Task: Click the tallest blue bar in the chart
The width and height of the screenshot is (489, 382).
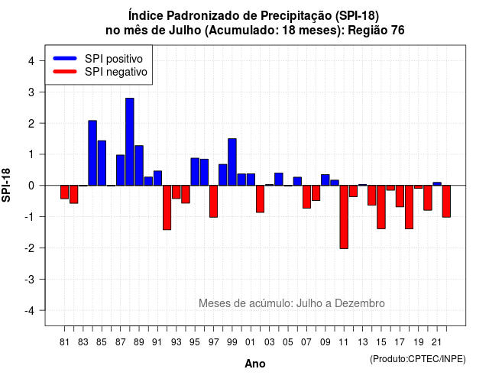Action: (x=130, y=142)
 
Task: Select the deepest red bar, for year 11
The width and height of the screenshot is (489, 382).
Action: (x=344, y=217)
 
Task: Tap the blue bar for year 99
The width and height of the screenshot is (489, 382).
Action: (x=232, y=162)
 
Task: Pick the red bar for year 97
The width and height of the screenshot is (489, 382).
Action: (x=214, y=201)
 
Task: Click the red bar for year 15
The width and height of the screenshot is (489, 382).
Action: (x=381, y=207)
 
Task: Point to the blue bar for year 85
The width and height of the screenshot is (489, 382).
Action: (x=102, y=163)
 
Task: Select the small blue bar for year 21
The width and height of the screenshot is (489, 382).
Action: (x=437, y=183)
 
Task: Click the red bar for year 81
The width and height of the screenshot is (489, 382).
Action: (x=64, y=192)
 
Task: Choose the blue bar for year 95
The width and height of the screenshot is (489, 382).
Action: (x=195, y=172)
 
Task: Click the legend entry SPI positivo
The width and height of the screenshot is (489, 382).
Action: (x=114, y=59)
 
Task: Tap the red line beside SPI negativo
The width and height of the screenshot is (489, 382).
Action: (x=65, y=72)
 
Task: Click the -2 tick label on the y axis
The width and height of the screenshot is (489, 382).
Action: (x=31, y=248)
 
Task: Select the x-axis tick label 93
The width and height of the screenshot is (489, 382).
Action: (x=176, y=342)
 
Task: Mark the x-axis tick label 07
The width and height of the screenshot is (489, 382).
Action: (x=306, y=342)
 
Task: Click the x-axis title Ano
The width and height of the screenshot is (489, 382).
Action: (x=255, y=364)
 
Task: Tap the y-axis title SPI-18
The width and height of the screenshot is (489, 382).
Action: (x=6, y=185)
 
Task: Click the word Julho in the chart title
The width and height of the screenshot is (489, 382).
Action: (x=185, y=31)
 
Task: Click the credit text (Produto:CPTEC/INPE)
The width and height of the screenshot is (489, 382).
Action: (x=418, y=359)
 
